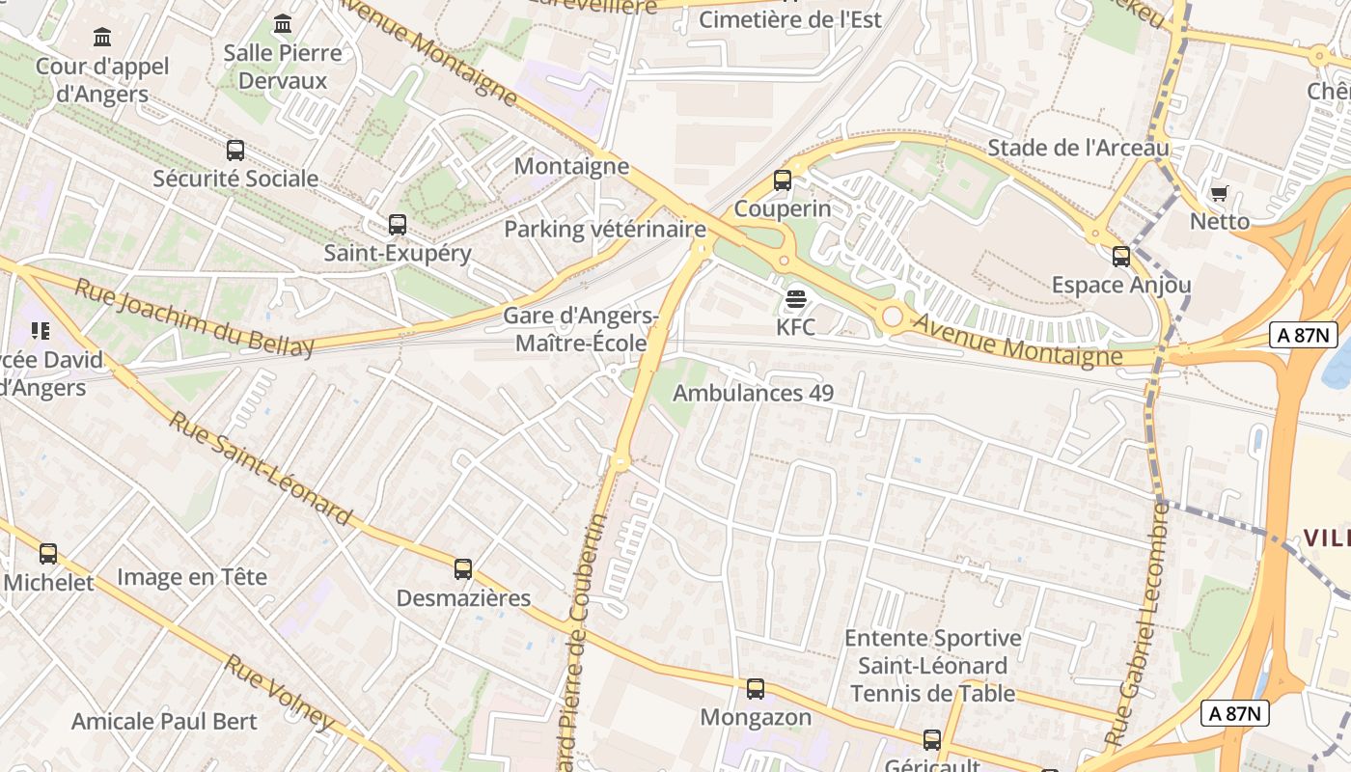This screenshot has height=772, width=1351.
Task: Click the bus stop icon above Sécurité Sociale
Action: click(234, 151)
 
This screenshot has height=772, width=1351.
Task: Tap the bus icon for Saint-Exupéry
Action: click(397, 225)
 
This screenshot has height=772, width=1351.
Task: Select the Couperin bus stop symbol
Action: click(782, 180)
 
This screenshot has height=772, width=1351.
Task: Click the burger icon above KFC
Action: click(795, 299)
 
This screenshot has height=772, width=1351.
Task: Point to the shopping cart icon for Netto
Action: click(1219, 193)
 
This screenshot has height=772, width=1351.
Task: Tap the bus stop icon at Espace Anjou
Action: click(1120, 257)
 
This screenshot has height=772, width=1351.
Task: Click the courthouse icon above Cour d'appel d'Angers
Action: click(101, 38)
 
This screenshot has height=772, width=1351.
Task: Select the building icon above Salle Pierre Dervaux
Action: click(283, 23)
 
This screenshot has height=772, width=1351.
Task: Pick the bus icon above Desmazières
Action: click(463, 569)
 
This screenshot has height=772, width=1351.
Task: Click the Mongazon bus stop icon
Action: click(756, 689)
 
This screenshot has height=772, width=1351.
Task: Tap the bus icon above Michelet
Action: click(48, 554)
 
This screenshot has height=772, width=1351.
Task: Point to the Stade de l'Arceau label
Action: click(1078, 148)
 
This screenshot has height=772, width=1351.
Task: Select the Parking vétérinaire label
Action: click(605, 230)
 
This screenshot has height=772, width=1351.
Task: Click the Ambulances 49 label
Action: click(753, 393)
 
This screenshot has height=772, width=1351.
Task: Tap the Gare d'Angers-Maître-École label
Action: click(581, 329)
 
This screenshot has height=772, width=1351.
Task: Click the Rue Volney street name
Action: click(280, 692)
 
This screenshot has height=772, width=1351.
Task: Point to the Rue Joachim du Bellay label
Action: click(194, 317)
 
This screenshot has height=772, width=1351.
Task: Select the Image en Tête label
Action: click(191, 577)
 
